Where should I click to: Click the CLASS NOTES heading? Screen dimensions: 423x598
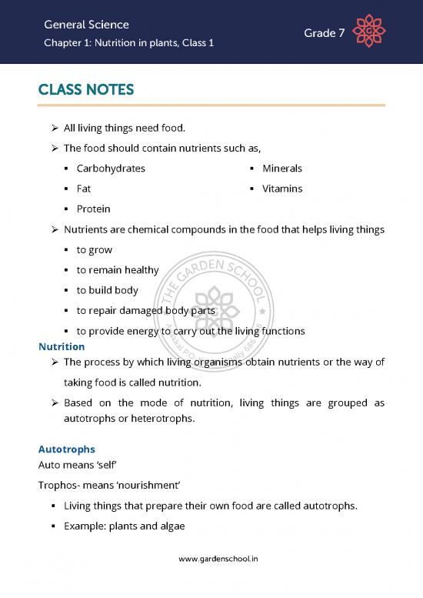coord(86,91)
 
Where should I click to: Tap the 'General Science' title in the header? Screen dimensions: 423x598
coord(87,25)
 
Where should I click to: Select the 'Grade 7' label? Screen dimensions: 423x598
coord(324,33)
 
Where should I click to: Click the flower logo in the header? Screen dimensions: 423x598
coord(368,32)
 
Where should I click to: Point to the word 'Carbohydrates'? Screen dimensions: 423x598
coord(111,169)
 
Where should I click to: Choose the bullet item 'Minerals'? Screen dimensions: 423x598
coord(282,169)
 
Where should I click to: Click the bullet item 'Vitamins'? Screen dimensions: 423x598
coord(282,189)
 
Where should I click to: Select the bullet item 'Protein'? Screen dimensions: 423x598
coord(93,209)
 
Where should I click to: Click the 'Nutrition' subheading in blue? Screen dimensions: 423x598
coord(62,347)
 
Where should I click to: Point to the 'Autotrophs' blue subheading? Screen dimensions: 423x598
coord(67,449)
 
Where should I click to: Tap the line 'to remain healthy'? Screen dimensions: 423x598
coord(118,270)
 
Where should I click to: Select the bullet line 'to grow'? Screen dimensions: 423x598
coord(95,250)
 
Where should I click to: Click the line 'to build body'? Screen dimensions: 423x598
coord(108,290)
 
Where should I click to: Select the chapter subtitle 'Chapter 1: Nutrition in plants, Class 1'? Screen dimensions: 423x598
coord(129,43)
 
